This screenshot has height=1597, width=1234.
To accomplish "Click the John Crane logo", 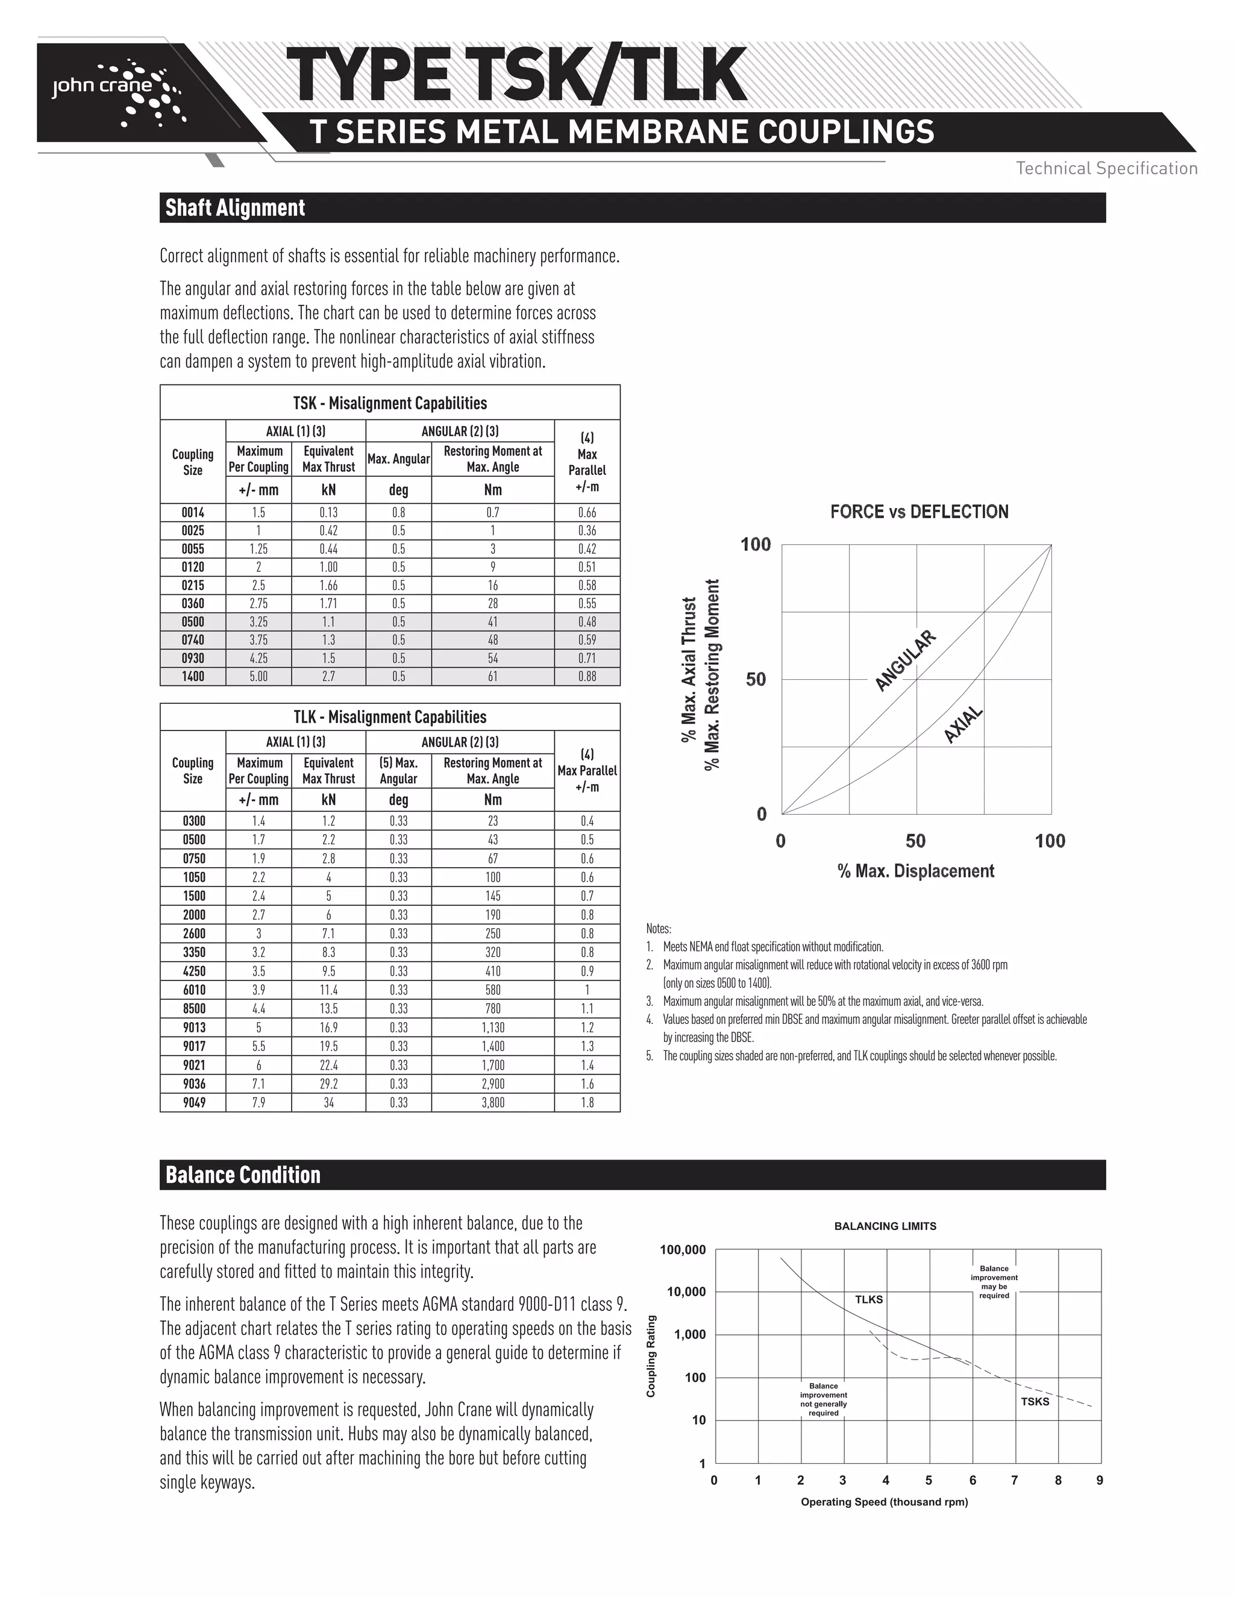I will click(117, 92).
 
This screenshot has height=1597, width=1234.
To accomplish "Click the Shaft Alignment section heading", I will click(234, 208).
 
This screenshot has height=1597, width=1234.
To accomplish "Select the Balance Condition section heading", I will click(243, 1175).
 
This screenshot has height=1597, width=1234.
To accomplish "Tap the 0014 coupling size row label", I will click(193, 513).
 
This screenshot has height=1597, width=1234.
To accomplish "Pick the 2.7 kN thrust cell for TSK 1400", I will click(328, 676).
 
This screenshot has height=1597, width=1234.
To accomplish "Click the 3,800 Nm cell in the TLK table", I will click(493, 1103).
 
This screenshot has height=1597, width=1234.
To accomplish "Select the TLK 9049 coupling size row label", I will click(194, 1103).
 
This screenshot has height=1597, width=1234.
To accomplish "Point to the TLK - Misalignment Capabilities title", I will click(390, 717).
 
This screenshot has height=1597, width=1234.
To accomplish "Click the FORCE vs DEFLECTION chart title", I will click(919, 512).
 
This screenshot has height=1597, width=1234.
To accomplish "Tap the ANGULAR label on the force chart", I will click(905, 660).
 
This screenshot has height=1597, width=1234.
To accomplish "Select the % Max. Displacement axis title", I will click(915, 871).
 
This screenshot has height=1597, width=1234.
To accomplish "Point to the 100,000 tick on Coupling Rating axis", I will click(683, 1250).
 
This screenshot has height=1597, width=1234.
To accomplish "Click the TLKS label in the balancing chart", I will click(868, 1299).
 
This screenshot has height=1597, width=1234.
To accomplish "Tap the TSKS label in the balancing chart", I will click(1035, 1401).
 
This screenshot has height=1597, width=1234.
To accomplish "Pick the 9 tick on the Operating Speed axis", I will click(1100, 1480).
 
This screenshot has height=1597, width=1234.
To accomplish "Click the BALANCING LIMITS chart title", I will click(885, 1226).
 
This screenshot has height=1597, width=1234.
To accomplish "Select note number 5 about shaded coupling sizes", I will click(859, 1056).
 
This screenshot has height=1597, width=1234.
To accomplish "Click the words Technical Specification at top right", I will click(1106, 168).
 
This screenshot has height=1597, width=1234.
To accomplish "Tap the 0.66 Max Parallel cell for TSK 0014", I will click(587, 513).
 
